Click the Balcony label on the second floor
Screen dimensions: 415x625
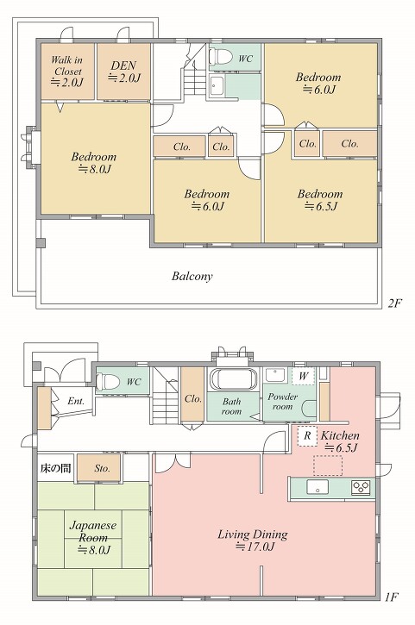click(192, 276)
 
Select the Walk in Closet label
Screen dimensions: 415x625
click(67, 71)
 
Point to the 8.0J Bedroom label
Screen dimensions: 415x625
click(94, 162)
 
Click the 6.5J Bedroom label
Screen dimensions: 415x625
click(320, 200)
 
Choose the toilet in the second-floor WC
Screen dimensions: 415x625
click(221, 56)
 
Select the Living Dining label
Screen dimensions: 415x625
click(253, 540)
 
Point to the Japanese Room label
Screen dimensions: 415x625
click(93, 537)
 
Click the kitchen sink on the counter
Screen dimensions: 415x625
click(318, 487)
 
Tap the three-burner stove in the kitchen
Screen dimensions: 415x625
click(361, 487)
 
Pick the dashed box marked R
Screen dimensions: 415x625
click(307, 435)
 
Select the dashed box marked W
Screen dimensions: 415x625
click(304, 376)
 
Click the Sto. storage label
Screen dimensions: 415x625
click(102, 468)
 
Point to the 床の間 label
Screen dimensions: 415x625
click(55, 468)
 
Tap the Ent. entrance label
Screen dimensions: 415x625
click(76, 401)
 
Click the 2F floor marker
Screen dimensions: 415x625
click(394, 303)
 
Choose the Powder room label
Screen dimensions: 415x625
click(282, 402)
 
